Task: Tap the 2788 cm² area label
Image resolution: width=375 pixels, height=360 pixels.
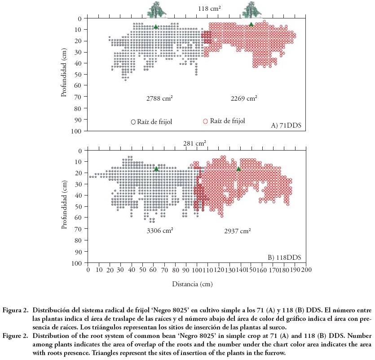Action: [160, 98]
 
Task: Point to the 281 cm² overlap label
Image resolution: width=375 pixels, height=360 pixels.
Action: [194, 144]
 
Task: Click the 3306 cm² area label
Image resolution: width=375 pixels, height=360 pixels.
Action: [160, 231]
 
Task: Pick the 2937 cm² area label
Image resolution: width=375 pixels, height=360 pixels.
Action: [237, 231]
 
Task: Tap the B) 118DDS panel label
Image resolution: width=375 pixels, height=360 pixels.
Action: [284, 258]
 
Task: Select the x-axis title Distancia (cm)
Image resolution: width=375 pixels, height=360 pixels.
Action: [192, 284]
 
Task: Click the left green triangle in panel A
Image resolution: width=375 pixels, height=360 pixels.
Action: [156, 27]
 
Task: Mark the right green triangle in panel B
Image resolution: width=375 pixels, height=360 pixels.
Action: [238, 169]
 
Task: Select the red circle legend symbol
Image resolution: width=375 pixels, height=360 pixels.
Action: [205, 121]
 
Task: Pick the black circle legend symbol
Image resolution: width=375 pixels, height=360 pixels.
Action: [133, 122]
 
